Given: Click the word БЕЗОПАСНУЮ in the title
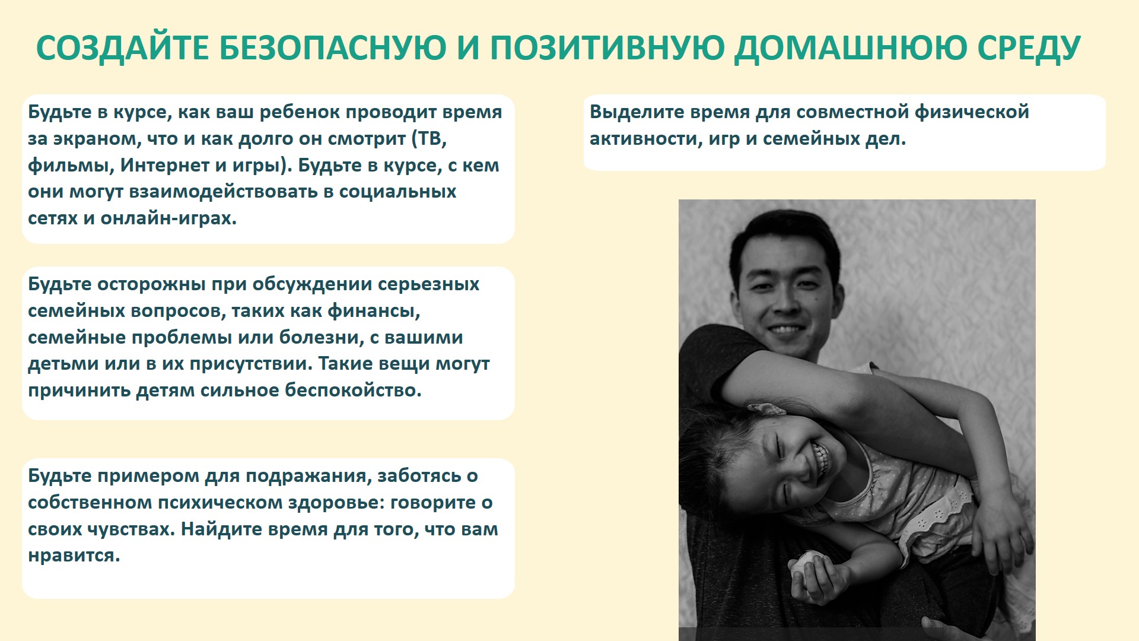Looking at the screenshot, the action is point(332,47).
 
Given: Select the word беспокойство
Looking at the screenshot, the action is point(353,391).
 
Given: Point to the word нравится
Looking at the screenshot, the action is point(74,556).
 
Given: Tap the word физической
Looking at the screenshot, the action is point(972,112).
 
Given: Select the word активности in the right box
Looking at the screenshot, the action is point(646,139).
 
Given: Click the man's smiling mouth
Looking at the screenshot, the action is point(784,329).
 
